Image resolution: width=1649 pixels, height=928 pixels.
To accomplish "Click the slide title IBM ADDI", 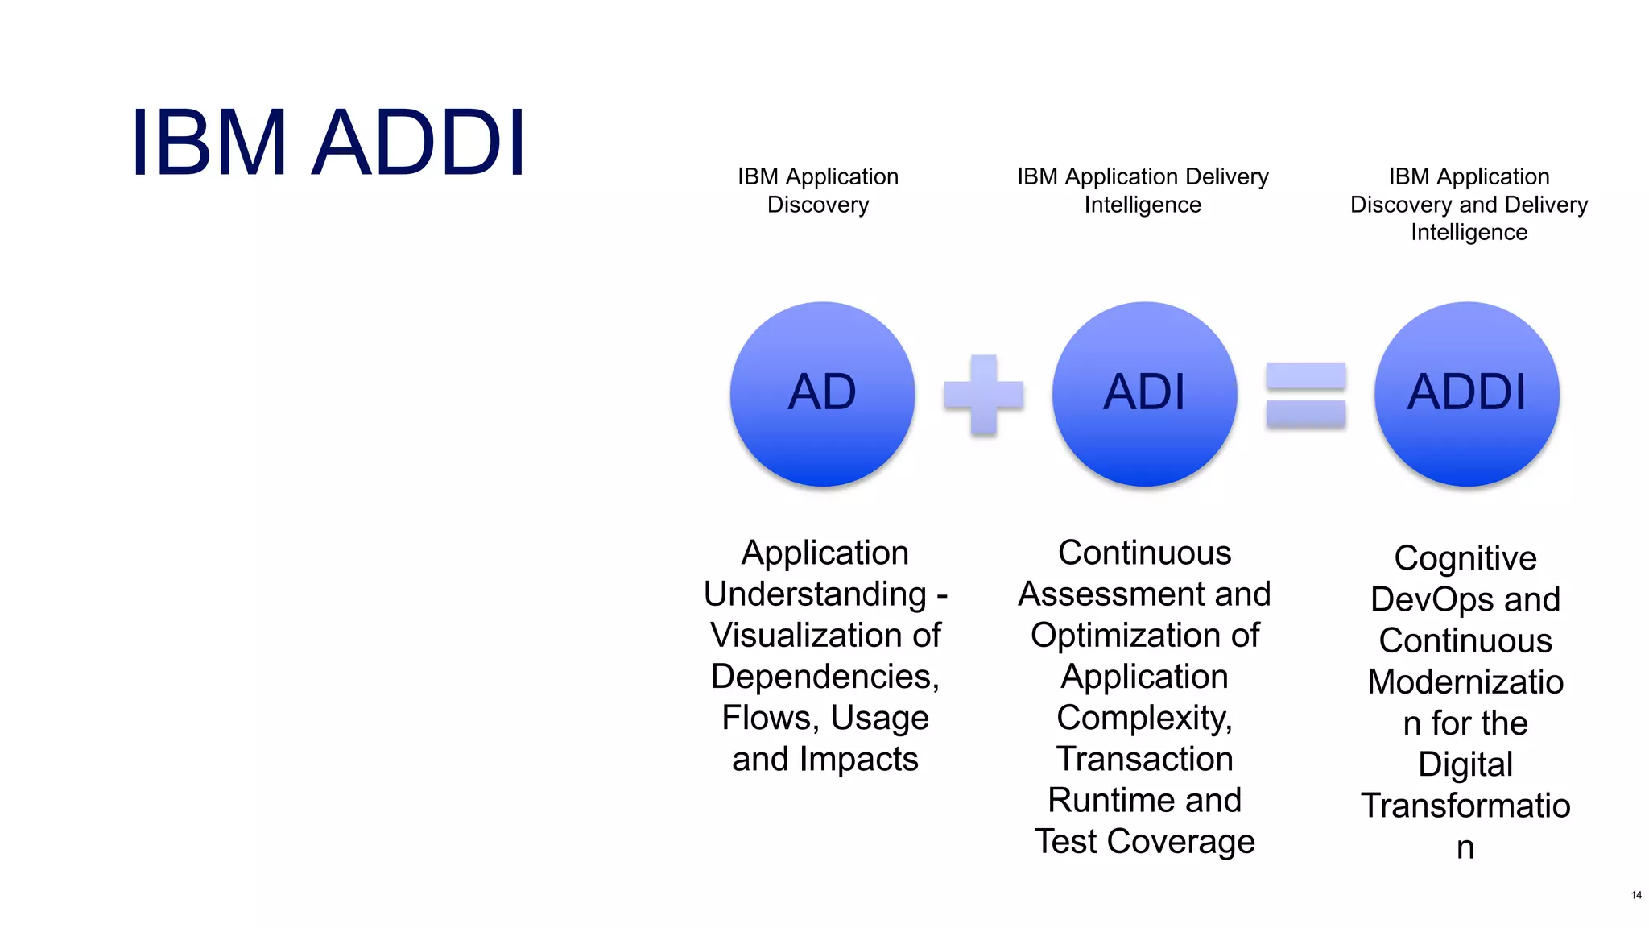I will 329,143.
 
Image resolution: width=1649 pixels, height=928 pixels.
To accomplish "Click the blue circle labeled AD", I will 822,393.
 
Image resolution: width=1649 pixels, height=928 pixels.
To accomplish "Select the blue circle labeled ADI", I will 1144,393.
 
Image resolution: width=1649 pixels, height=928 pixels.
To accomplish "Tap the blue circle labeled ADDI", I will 1466,393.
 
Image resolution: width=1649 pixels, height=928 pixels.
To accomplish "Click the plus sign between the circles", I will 983,395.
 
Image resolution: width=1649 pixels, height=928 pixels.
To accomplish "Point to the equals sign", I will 1305,395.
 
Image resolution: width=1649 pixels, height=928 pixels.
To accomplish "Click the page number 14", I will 1635,895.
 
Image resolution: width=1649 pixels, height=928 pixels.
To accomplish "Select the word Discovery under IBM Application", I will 818,205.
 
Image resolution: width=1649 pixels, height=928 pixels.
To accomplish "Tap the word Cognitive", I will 1465,558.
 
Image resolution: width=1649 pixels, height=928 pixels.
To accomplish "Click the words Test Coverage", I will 1144,842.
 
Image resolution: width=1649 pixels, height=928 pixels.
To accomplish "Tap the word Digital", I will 1465,764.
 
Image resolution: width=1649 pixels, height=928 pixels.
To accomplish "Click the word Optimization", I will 1125,636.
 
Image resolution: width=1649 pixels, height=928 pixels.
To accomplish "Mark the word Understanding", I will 815,594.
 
